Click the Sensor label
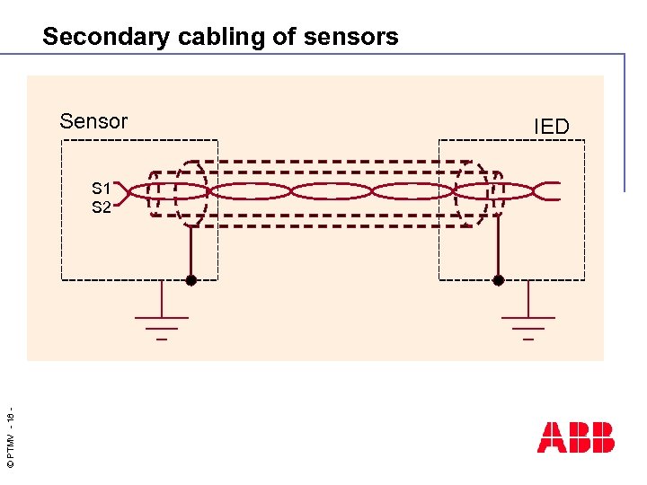[93, 121]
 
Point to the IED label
[552, 127]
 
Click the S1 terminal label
[101, 189]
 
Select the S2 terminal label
[101, 207]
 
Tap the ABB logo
[576, 437]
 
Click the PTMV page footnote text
[10, 440]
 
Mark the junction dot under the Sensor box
[191, 280]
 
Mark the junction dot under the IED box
[499, 280]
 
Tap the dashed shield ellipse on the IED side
[474, 191]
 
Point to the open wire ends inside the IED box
[546, 191]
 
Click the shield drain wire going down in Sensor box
[191, 251]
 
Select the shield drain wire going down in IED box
[499, 251]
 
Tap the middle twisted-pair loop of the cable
[332, 191]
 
